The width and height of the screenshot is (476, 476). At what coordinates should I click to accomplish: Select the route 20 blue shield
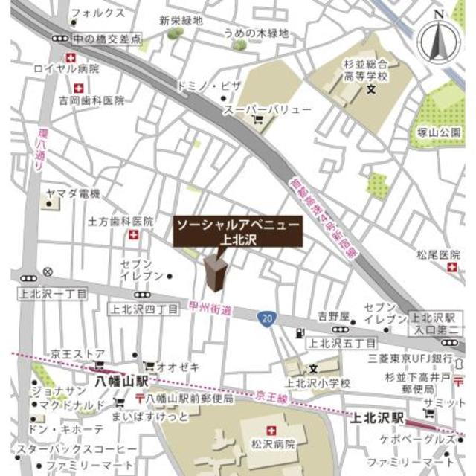(266, 318)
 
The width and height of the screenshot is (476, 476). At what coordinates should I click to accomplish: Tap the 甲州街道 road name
(210, 307)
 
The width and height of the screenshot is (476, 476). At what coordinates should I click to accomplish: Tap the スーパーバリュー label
(268, 110)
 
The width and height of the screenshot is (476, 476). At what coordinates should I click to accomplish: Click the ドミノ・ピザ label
(208, 86)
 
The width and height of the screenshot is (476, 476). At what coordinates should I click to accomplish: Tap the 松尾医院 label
(438, 255)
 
